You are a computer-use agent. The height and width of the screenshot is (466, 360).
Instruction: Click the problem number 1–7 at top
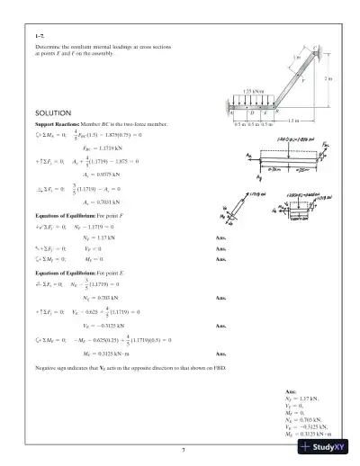point(39,34)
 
